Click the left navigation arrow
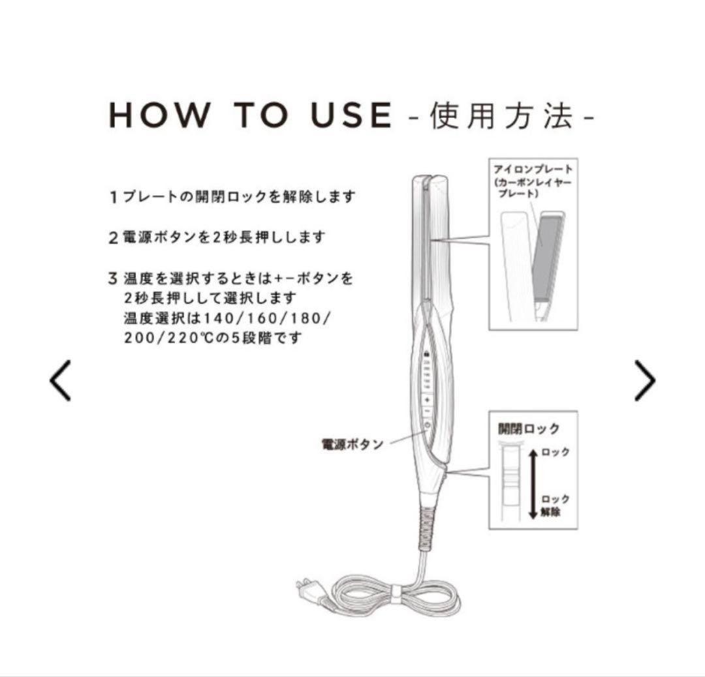tap(60, 381)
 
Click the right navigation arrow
tap(644, 381)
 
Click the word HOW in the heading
tap(159, 115)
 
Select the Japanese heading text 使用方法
tap(501, 116)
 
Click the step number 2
tap(113, 237)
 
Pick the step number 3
tap(113, 279)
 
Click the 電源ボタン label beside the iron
tap(352, 445)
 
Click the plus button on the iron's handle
tap(427, 399)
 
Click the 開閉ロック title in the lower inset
tap(529, 429)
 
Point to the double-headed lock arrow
tap(533, 483)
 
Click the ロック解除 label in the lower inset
tap(555, 505)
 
